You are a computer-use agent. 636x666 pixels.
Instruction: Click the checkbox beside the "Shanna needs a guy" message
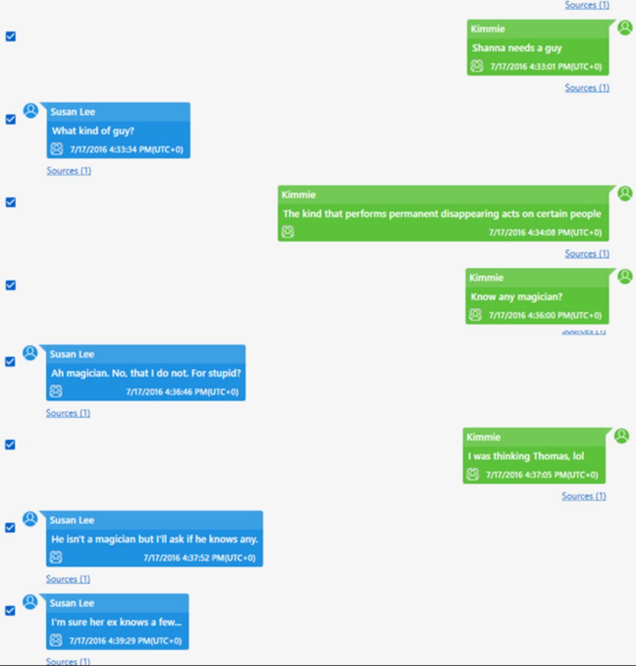coord(11,36)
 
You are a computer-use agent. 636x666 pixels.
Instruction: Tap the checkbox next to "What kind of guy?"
coord(11,119)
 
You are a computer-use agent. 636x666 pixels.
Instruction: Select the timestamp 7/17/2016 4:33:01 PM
coord(546,67)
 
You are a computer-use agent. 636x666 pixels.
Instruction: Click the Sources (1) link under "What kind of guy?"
coord(69,171)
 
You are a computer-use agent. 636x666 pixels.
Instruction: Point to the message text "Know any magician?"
coord(516,297)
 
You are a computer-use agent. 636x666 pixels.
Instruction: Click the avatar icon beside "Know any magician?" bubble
coord(625,277)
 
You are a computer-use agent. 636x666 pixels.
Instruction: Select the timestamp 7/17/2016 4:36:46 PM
coord(182,392)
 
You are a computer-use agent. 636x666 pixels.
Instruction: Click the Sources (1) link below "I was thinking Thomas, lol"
coord(583,496)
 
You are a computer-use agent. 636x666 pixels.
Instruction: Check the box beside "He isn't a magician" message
coord(11,528)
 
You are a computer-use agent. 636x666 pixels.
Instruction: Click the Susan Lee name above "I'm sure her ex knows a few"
coord(72,603)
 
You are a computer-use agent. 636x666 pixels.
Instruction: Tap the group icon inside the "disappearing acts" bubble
coord(288,232)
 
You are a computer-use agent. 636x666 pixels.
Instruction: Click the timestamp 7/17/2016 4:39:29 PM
coord(125,641)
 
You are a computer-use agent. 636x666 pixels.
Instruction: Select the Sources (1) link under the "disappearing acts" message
coord(587,254)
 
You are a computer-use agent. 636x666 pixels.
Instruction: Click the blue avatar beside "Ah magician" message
coord(30,353)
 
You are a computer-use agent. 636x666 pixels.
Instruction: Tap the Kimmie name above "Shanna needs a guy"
coord(488,29)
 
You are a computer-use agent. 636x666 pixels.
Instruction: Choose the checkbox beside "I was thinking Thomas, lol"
coord(11,445)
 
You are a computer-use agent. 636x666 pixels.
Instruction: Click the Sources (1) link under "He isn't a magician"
coord(68,579)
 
